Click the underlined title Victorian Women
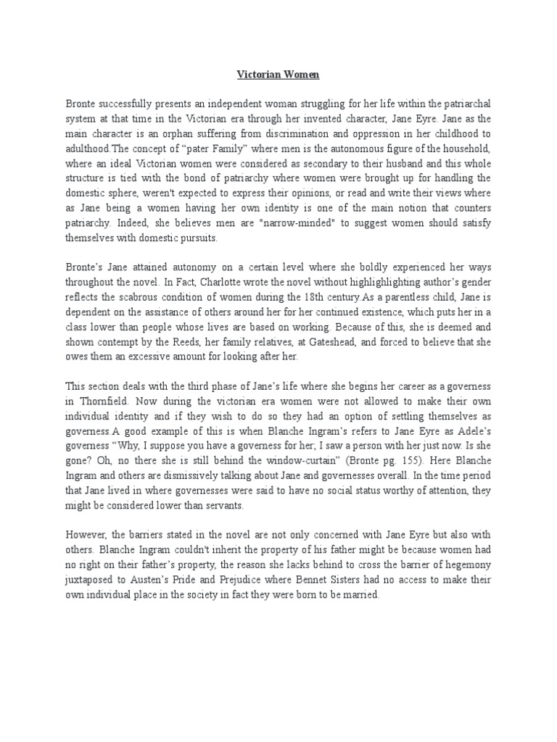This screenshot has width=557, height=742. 278,74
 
